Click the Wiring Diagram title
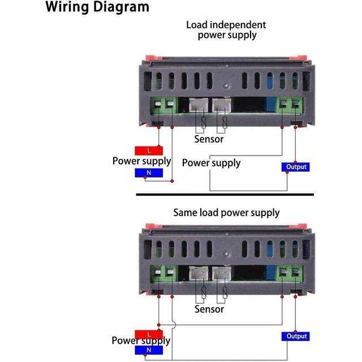pyautogui.click(x=97, y=7)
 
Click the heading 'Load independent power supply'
pyautogui.click(x=226, y=29)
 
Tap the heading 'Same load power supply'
pyautogui.click(x=226, y=213)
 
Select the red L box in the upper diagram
pyautogui.click(x=149, y=150)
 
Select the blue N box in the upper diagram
pyautogui.click(x=149, y=173)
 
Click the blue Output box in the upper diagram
pyautogui.click(x=296, y=167)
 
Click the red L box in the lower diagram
pyautogui.click(x=149, y=334)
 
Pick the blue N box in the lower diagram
pyautogui.click(x=149, y=350)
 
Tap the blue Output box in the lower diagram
pyautogui.click(x=296, y=336)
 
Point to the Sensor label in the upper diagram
pyautogui.click(x=209, y=139)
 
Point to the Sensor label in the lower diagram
pyautogui.click(x=209, y=309)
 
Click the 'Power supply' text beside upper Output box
pyautogui.click(x=211, y=163)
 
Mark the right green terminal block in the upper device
pyautogui.click(x=290, y=105)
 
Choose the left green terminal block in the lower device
pyautogui.click(x=165, y=274)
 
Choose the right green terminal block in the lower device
pyautogui.click(x=290, y=274)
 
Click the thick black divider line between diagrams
pyautogui.click(x=225, y=194)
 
